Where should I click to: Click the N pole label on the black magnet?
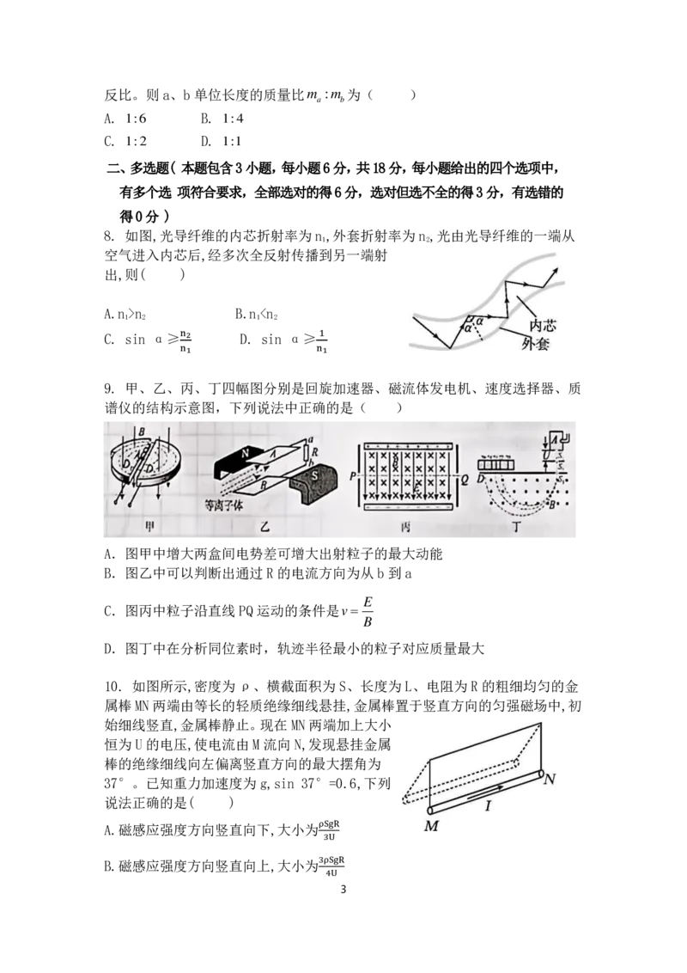pos(246,453)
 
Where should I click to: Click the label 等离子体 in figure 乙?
pos(224,505)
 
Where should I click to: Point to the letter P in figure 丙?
pos(352,476)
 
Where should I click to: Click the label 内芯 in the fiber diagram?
pos(543,325)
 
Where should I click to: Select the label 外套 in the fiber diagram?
pos(536,343)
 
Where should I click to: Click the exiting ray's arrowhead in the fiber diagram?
pos(554,271)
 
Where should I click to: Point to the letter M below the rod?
pos(431,826)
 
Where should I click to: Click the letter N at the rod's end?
pos(549,778)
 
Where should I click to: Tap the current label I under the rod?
pos(488,805)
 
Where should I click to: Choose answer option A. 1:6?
pos(125,118)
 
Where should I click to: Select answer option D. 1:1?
pos(222,142)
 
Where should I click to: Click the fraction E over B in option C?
pos(368,612)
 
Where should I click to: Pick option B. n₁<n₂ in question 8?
pos(256,315)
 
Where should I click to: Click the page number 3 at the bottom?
pos(343,890)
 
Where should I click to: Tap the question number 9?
pos(110,389)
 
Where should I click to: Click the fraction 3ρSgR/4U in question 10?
pos(331,866)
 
